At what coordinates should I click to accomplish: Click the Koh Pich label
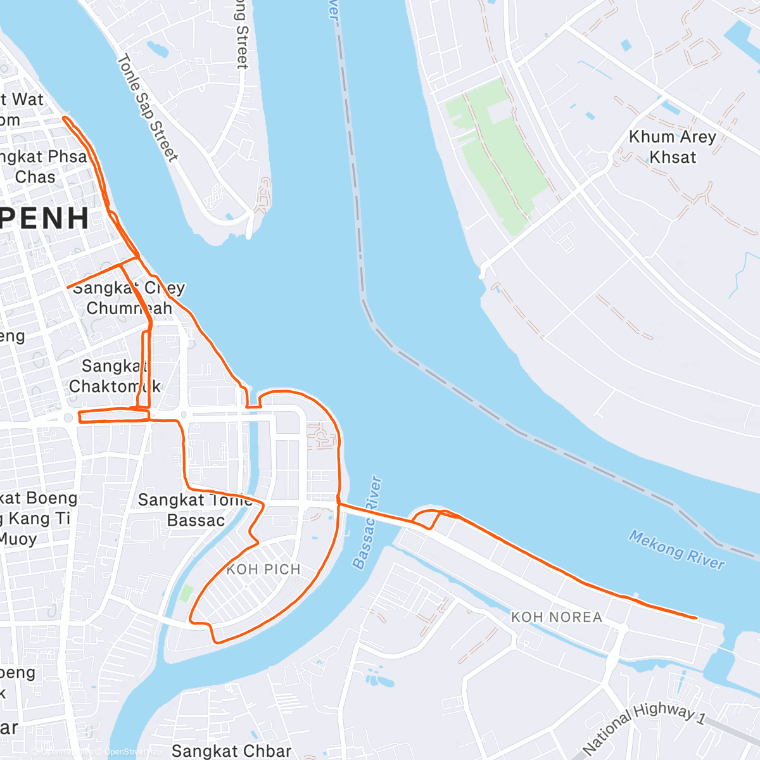(x=263, y=569)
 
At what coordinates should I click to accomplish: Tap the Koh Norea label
(x=557, y=617)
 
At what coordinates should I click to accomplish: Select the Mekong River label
(x=676, y=550)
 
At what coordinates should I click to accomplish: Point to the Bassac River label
(x=368, y=523)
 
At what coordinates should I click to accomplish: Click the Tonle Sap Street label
(x=147, y=108)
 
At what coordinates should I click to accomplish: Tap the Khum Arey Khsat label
(x=672, y=147)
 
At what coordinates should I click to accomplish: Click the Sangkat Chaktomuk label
(x=115, y=376)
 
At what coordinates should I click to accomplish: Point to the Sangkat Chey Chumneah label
(x=129, y=298)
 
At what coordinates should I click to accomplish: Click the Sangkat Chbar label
(x=231, y=751)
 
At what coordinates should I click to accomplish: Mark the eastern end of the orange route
(x=696, y=617)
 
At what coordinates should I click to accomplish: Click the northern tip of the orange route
(x=65, y=118)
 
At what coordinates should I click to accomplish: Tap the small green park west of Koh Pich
(x=186, y=593)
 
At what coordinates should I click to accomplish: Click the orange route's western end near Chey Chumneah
(x=68, y=288)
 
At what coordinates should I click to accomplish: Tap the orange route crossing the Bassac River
(x=374, y=514)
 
